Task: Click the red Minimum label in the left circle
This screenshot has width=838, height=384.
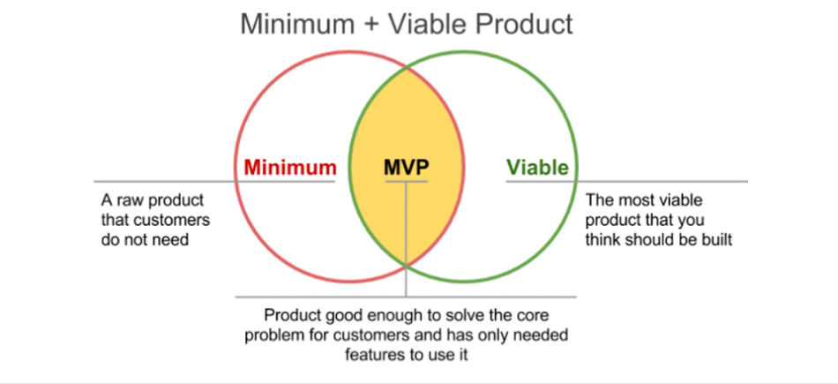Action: [x=290, y=167]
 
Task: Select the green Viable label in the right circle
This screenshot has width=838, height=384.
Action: [x=537, y=167]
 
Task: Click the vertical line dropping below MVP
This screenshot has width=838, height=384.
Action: [x=407, y=238]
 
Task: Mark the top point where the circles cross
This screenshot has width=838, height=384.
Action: [x=406, y=67]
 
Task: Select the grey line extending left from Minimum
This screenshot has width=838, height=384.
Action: [x=159, y=182]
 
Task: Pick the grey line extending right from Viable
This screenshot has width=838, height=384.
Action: [x=662, y=182]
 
